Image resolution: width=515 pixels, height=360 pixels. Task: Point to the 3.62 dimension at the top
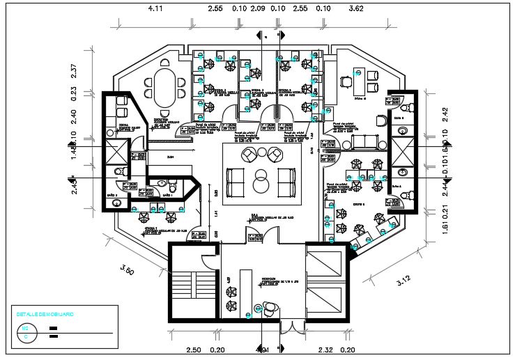click(356, 9)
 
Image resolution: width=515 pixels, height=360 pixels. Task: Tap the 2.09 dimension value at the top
click(257, 9)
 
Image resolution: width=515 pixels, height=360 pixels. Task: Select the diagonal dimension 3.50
click(126, 269)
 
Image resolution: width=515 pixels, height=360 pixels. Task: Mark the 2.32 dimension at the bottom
click(326, 350)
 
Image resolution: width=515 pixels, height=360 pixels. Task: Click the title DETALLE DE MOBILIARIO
click(45, 315)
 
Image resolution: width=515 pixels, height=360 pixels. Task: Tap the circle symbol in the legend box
click(26, 337)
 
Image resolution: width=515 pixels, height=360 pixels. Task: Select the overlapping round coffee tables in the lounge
click(262, 180)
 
